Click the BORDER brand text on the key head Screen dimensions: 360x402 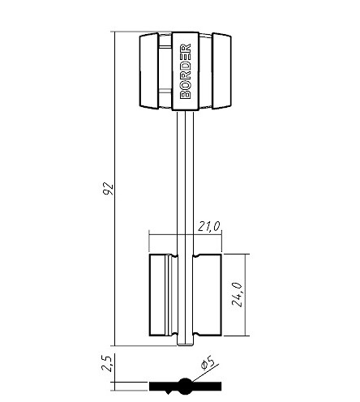click(x=186, y=71)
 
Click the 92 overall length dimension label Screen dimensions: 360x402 click(x=109, y=189)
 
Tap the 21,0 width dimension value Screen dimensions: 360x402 click(x=208, y=226)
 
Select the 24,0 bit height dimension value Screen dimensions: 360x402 click(x=237, y=294)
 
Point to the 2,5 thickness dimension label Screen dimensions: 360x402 click(x=106, y=363)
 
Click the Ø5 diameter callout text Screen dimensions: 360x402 click(x=208, y=363)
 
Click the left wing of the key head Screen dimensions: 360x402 click(x=149, y=71)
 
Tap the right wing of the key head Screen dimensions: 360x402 click(x=221, y=71)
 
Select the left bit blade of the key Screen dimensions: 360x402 click(x=163, y=295)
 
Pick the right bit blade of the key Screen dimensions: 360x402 click(x=208, y=295)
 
